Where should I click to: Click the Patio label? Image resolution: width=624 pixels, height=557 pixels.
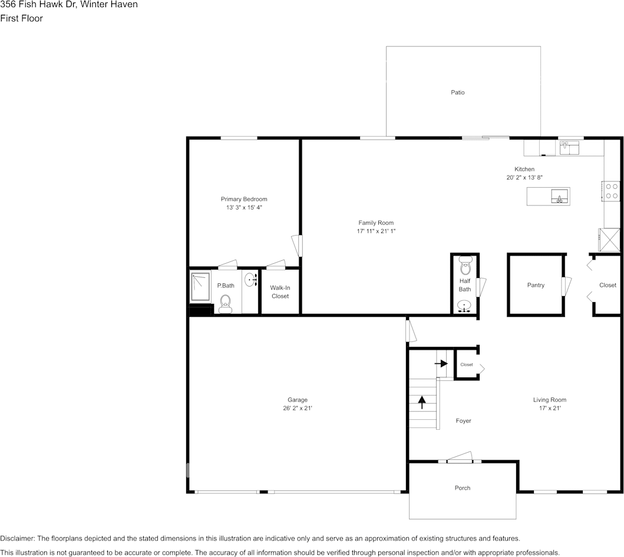pyautogui.click(x=457, y=92)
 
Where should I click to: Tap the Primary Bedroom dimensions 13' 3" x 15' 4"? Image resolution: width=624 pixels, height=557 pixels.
pyautogui.click(x=244, y=208)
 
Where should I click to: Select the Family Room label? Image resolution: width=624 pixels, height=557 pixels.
pyautogui.click(x=376, y=223)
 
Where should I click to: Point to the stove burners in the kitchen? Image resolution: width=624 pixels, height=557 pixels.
pyautogui.click(x=612, y=191)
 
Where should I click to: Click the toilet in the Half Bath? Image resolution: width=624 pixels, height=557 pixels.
pyautogui.click(x=465, y=268)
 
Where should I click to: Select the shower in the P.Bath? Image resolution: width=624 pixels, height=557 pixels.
pyautogui.click(x=200, y=286)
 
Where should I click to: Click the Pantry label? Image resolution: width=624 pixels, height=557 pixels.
pyautogui.click(x=536, y=285)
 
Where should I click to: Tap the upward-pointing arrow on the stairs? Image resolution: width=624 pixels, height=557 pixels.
pyautogui.click(x=422, y=402)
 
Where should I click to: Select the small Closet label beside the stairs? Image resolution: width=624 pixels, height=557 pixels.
pyautogui.click(x=467, y=364)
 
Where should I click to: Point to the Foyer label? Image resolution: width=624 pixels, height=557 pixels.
pyautogui.click(x=463, y=421)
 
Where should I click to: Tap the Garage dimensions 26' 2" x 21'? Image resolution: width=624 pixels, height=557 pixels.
pyautogui.click(x=298, y=408)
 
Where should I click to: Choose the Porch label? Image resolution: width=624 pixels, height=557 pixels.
pyautogui.click(x=463, y=488)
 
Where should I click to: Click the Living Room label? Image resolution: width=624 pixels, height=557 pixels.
pyautogui.click(x=550, y=400)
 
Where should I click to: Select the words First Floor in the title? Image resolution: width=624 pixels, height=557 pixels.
pyautogui.click(x=21, y=18)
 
